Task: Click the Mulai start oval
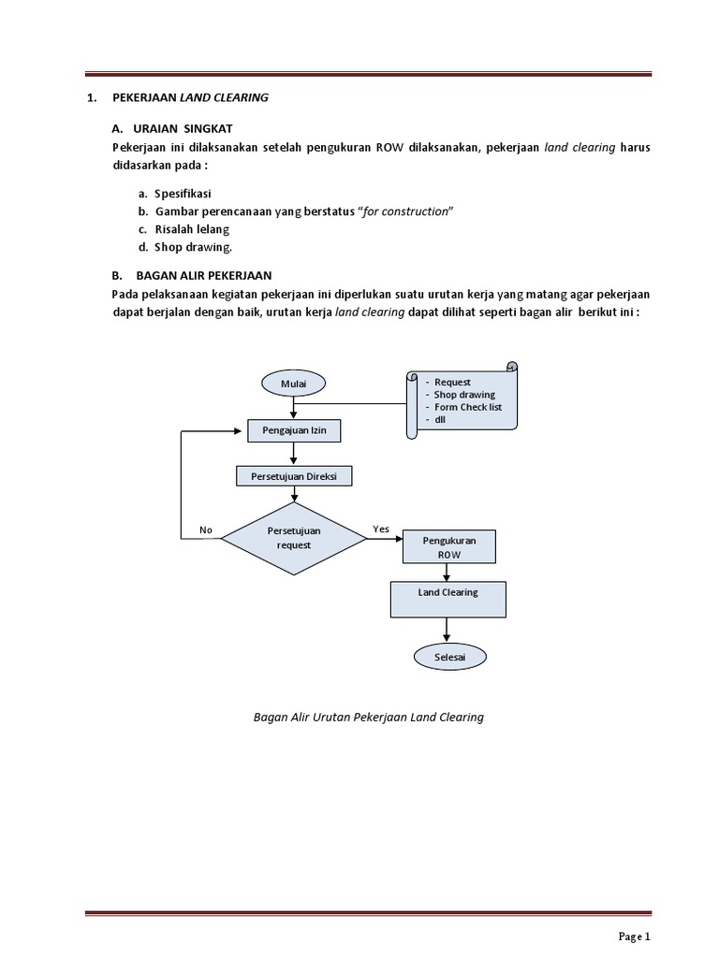pos(294,384)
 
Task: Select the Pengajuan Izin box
pos(294,431)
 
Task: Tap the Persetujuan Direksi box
pos(294,476)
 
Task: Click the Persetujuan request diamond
pos(294,537)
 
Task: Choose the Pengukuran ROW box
pos(449,547)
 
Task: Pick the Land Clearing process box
pos(448,599)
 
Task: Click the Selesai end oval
pos(448,658)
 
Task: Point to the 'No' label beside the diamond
pos(206,530)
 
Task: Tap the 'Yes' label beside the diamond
pos(381,530)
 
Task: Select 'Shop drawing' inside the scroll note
pos(464,395)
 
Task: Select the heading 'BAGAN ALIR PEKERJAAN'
pos(203,275)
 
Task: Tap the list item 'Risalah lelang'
pos(193,229)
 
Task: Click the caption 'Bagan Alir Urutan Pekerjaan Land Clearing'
pos(368,718)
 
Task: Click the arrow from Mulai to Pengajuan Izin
pos(294,408)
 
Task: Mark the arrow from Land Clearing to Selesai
pos(448,631)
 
